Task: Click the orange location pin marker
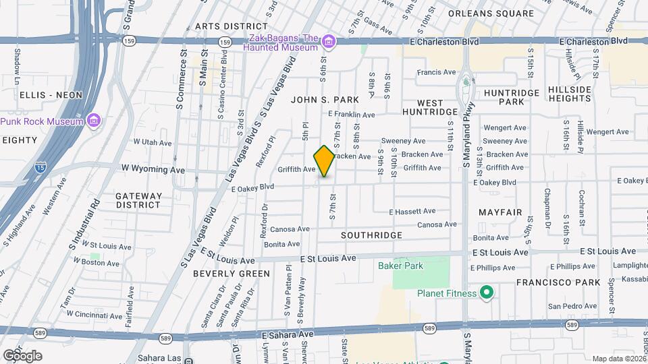pyautogui.click(x=325, y=161)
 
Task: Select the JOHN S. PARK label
pyautogui.click(x=325, y=100)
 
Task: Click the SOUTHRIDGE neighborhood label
pyautogui.click(x=371, y=235)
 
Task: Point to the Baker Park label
pyautogui.click(x=400, y=266)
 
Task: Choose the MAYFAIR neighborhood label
pyautogui.click(x=500, y=212)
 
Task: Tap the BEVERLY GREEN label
pyautogui.click(x=231, y=274)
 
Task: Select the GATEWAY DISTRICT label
pyautogui.click(x=138, y=200)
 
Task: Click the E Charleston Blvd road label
pyautogui.click(x=444, y=41)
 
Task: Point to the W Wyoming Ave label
pyautogui.click(x=153, y=167)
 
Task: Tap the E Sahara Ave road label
pyautogui.click(x=288, y=334)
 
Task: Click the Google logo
pyautogui.click(x=22, y=355)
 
